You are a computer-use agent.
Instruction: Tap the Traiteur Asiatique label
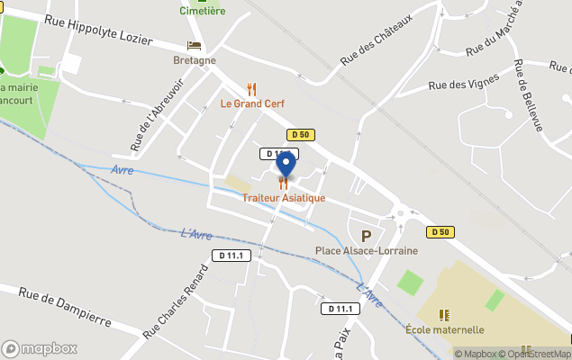click(284, 198)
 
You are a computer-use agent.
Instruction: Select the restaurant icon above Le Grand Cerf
click(251, 89)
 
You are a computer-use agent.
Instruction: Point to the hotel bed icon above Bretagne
click(194, 45)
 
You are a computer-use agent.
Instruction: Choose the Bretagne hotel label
click(195, 60)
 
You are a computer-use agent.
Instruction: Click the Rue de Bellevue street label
click(528, 95)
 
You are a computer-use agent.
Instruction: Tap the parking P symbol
click(366, 236)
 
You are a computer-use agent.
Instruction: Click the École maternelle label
click(445, 329)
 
